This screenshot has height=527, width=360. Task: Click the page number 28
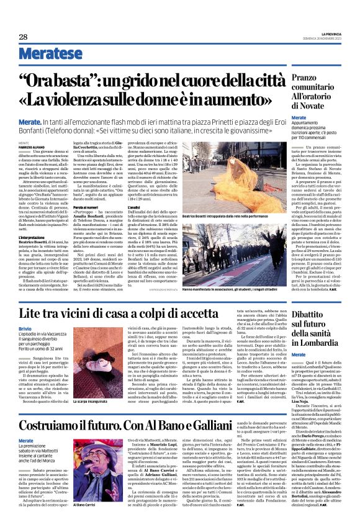[x=24, y=37]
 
